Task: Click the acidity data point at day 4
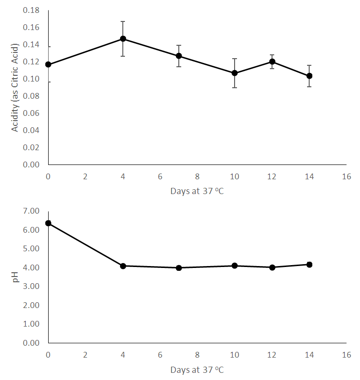(123, 39)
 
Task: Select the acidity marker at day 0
(48, 64)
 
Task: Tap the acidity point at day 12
(272, 62)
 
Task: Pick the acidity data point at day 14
(309, 76)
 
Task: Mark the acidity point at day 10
(235, 73)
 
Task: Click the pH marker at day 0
(48, 223)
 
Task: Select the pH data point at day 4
(123, 266)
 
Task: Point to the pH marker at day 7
(179, 268)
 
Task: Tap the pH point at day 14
(309, 265)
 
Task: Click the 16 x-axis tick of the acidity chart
(347, 176)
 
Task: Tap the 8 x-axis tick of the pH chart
(197, 355)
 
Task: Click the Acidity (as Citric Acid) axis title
(15, 87)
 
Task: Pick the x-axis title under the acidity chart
(197, 191)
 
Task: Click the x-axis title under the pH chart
(197, 370)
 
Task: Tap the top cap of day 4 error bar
(123, 21)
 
